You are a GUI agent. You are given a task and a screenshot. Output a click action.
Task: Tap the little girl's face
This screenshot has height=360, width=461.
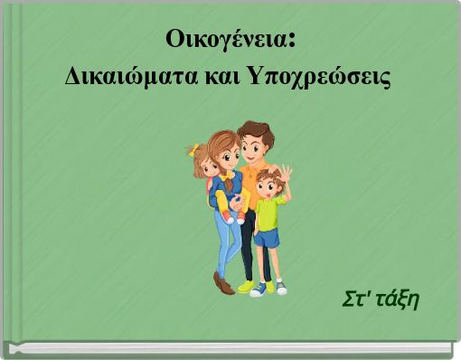tap(207, 166)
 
